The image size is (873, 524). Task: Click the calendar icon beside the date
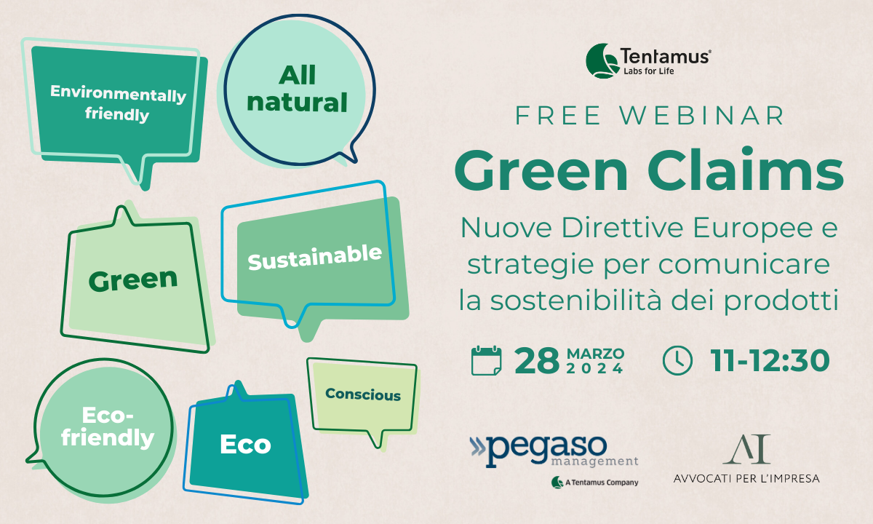pyautogui.click(x=486, y=360)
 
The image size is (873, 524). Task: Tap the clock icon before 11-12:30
pyautogui.click(x=677, y=361)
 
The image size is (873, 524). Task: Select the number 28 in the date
pyautogui.click(x=537, y=361)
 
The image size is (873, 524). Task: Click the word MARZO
pyautogui.click(x=596, y=354)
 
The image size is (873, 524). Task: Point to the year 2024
pyautogui.click(x=595, y=368)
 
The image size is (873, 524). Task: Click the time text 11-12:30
pyautogui.click(x=770, y=361)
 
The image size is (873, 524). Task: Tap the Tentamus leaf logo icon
pyautogui.click(x=602, y=61)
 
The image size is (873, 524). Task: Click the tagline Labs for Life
pyautogui.click(x=648, y=71)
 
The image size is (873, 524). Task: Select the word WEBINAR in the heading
pyautogui.click(x=702, y=116)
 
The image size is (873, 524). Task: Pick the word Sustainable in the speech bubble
pyautogui.click(x=315, y=258)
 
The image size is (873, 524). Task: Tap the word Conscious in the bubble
pyautogui.click(x=363, y=394)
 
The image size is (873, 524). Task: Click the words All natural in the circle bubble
pyautogui.click(x=297, y=89)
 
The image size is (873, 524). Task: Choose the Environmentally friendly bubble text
pyautogui.click(x=118, y=103)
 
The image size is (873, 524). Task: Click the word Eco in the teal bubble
pyautogui.click(x=246, y=445)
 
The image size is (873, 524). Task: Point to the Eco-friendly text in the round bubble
pyautogui.click(x=108, y=428)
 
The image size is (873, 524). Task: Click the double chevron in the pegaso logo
pyautogui.click(x=478, y=446)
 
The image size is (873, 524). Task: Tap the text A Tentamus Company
pyautogui.click(x=602, y=483)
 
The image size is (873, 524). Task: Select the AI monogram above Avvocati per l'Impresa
pyautogui.click(x=746, y=449)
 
